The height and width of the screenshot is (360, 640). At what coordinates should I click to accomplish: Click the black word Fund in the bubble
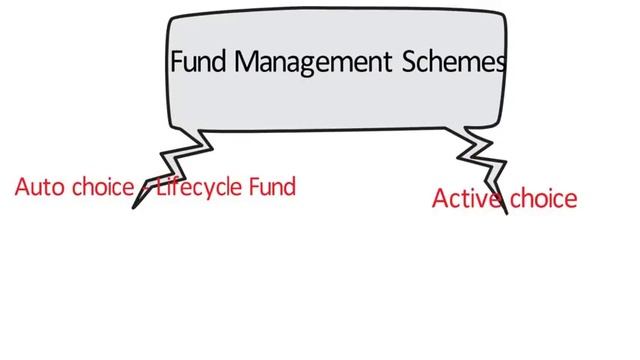[x=198, y=61]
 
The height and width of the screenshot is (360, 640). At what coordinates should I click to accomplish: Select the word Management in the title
[x=313, y=63]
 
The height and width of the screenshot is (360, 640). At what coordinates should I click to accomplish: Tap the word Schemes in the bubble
[x=454, y=61]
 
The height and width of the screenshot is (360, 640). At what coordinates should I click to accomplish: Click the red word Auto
[x=40, y=187]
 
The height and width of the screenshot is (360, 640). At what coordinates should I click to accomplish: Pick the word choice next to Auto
[x=103, y=187]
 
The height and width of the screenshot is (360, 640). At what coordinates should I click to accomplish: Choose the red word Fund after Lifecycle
[x=272, y=187]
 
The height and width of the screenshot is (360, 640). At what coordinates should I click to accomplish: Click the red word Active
[x=467, y=198]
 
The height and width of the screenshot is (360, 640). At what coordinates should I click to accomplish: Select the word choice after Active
[x=544, y=198]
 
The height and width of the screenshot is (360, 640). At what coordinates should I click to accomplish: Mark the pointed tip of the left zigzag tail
[x=133, y=208]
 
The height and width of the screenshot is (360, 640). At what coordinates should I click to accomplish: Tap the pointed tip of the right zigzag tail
[x=507, y=214]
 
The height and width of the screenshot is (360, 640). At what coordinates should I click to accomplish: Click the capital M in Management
[x=248, y=61]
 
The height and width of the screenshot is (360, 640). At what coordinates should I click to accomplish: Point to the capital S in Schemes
[x=410, y=61]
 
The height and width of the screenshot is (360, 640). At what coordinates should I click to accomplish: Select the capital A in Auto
[x=22, y=187]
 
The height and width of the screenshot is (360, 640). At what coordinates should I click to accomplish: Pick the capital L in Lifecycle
[x=161, y=187]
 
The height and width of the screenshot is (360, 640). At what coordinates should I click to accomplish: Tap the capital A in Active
[x=440, y=199]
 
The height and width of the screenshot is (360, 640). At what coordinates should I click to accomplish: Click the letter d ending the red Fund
[x=289, y=187]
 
